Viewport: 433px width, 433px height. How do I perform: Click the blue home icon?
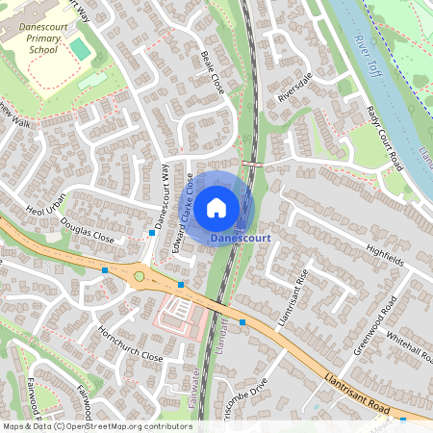pos(216,207)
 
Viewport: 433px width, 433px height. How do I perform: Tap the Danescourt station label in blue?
pos(240,237)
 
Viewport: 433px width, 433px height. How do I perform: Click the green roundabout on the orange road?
pos(140,276)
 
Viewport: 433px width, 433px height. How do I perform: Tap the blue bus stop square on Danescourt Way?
pos(152,234)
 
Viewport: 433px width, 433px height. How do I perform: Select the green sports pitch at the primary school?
pos(80,48)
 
